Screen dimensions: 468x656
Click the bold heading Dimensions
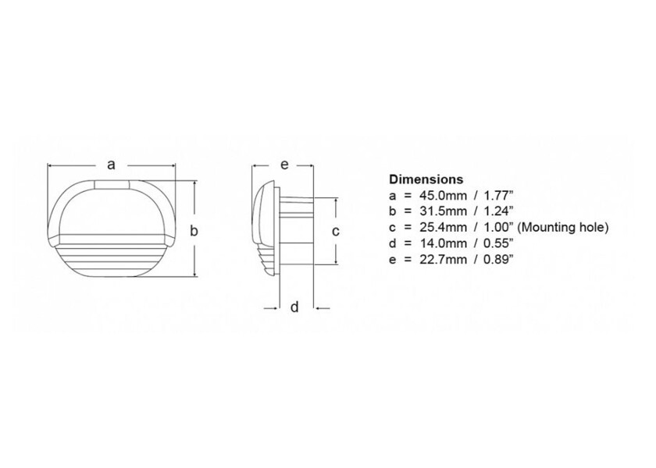pyautogui.click(x=426, y=179)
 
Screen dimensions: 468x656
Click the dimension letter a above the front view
pyautogui.click(x=111, y=164)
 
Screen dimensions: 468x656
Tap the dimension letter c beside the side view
pyautogui.click(x=336, y=231)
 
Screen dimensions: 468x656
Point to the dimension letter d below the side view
pyautogui.click(x=294, y=307)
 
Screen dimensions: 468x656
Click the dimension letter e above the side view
pyautogui.click(x=283, y=164)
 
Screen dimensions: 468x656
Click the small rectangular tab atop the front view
pyautogui.click(x=111, y=185)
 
